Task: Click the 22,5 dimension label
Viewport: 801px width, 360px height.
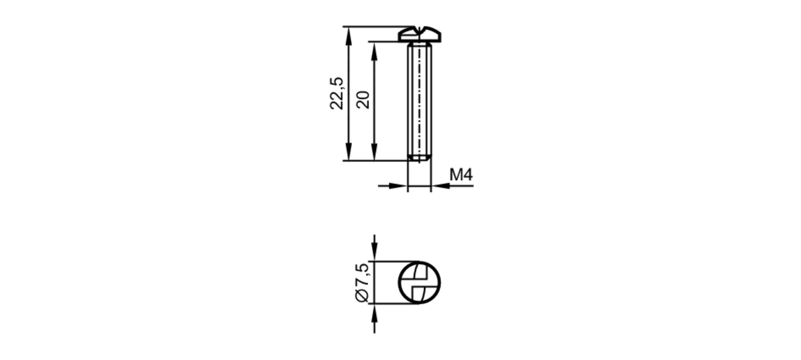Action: (x=336, y=93)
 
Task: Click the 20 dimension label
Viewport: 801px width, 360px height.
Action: (x=363, y=100)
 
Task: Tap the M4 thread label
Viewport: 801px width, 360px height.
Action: (x=461, y=175)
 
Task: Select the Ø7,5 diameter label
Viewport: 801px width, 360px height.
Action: (x=362, y=282)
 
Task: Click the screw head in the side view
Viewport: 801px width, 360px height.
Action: (x=419, y=35)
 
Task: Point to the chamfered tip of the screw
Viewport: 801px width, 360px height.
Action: (x=419, y=159)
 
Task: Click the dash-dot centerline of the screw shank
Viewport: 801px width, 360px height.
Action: (x=419, y=100)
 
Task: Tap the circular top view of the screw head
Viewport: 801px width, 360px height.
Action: (x=419, y=282)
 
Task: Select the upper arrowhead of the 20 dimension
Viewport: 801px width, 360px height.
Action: (x=374, y=50)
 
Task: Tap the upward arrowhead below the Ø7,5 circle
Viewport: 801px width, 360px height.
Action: (x=374, y=312)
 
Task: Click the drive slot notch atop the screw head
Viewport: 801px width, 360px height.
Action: (x=419, y=29)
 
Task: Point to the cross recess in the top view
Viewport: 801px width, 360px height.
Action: (x=419, y=282)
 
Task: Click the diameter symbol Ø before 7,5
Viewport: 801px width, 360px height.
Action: (x=362, y=296)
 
